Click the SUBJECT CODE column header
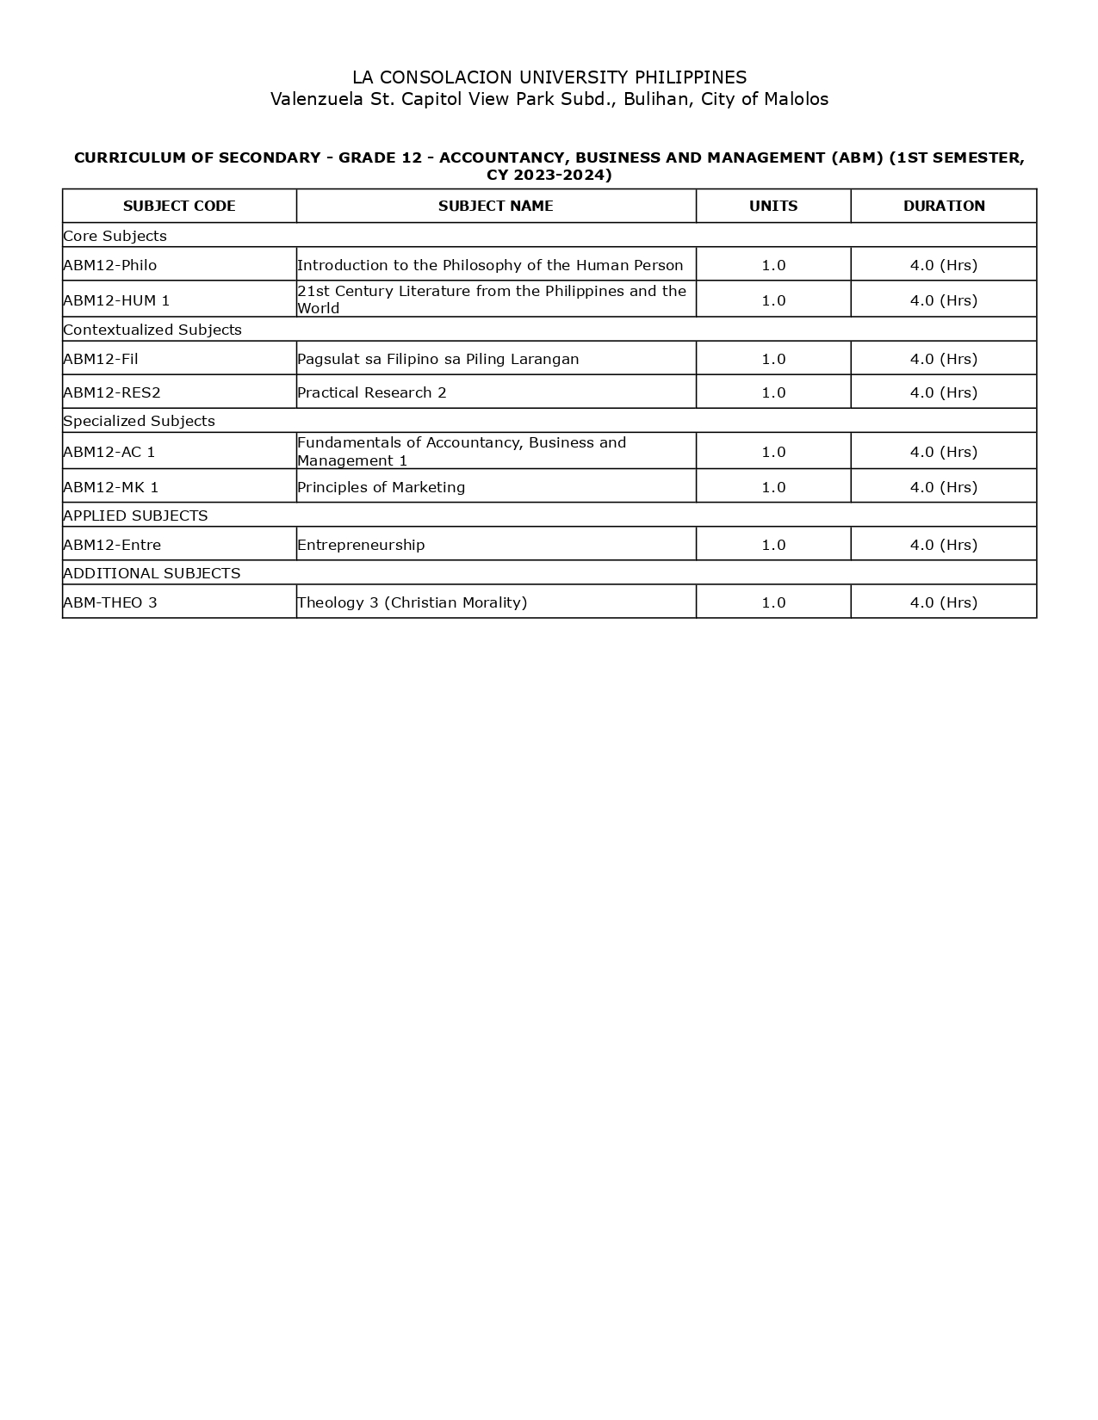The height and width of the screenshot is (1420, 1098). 179,207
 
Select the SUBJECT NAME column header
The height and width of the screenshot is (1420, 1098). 495,207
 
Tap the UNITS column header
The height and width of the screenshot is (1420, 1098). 773,207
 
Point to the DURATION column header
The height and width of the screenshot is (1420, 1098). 944,207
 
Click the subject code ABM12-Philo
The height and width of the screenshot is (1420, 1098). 110,265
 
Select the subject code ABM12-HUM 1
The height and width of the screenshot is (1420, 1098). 116,300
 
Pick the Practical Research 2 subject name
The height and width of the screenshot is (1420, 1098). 372,392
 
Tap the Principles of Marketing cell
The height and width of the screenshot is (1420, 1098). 381,487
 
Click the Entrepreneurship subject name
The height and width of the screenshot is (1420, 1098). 361,545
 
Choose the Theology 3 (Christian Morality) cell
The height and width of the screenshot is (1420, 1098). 412,602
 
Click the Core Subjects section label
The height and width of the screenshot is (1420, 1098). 115,236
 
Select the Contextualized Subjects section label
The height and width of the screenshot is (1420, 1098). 152,330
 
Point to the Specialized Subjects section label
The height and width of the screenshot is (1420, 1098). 139,421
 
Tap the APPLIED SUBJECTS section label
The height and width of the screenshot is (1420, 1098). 135,516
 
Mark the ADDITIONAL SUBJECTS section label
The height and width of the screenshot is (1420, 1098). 152,573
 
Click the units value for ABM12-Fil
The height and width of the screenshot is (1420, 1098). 773,359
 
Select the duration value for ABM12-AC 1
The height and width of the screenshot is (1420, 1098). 944,452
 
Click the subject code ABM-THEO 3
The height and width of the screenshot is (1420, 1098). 110,602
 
